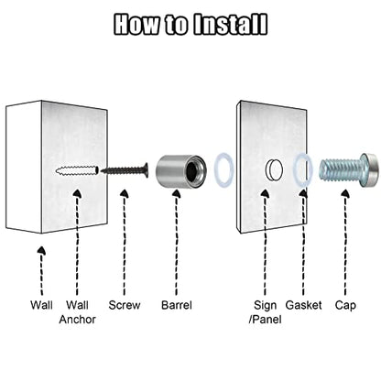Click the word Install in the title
231,24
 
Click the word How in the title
136,24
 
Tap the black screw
125,170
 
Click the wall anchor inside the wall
77,170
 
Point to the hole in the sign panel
274,169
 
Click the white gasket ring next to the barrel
223,169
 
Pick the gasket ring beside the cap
303,169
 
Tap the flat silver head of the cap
369,170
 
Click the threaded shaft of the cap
340,170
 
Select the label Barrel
177,305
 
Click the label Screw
125,305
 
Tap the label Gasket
303,305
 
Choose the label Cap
345,306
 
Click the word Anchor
78,320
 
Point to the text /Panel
265,320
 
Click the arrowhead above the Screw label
124,193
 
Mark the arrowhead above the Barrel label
176,193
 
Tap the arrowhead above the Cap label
345,193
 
